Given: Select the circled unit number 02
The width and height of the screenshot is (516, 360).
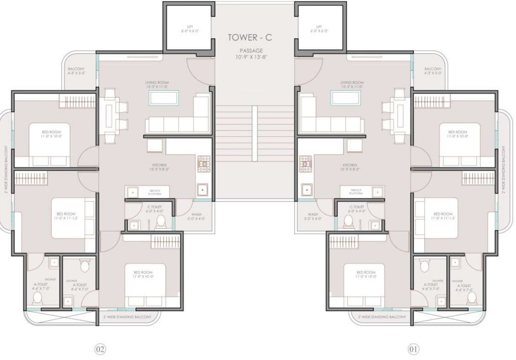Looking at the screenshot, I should click(100, 349).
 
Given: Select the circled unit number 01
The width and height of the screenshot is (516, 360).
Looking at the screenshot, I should click(413, 349).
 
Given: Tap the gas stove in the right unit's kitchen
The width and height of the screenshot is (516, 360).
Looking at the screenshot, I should click(306, 162).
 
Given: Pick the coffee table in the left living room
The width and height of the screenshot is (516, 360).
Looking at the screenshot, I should click(163, 97).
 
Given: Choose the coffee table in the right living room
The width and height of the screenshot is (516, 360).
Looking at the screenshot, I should click(345, 97).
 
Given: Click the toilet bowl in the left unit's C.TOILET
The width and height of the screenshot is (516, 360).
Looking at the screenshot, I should click(161, 222).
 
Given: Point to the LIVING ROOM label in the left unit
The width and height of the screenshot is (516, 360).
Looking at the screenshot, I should click(157, 84).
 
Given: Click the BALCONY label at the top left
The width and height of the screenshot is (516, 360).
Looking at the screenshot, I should click(76, 71).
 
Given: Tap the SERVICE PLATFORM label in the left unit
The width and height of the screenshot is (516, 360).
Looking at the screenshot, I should click(154, 192).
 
